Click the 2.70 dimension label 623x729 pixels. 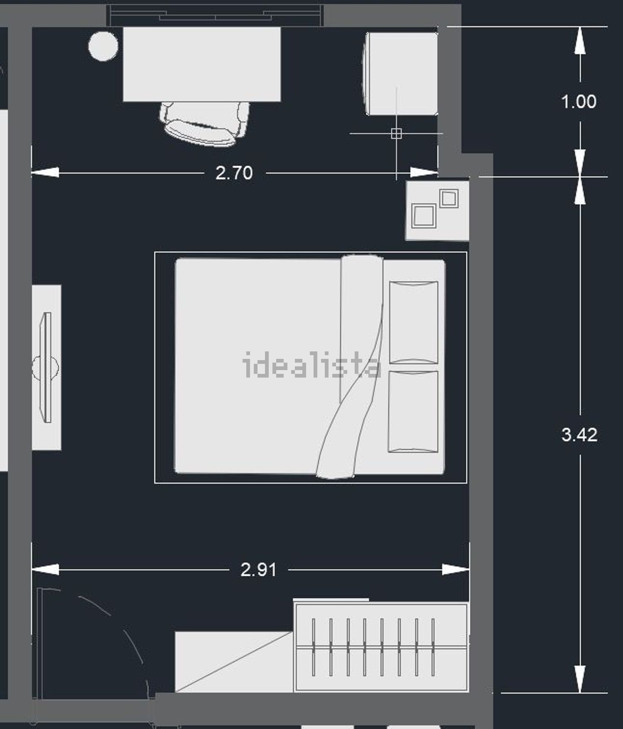234,173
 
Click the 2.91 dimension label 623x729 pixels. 258,569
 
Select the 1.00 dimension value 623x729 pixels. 579,102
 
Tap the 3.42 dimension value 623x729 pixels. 579,435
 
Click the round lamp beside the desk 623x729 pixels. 103,46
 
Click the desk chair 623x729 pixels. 204,123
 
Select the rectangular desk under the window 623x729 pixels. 202,64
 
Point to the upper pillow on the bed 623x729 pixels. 414,322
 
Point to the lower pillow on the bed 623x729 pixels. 413,412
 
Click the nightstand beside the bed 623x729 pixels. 437,210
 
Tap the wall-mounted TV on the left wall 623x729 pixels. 47,368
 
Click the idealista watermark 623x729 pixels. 311,365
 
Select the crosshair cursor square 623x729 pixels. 396,133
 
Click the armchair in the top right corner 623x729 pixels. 400,74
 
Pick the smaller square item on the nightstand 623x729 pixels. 449,199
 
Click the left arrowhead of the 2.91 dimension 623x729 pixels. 45,569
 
